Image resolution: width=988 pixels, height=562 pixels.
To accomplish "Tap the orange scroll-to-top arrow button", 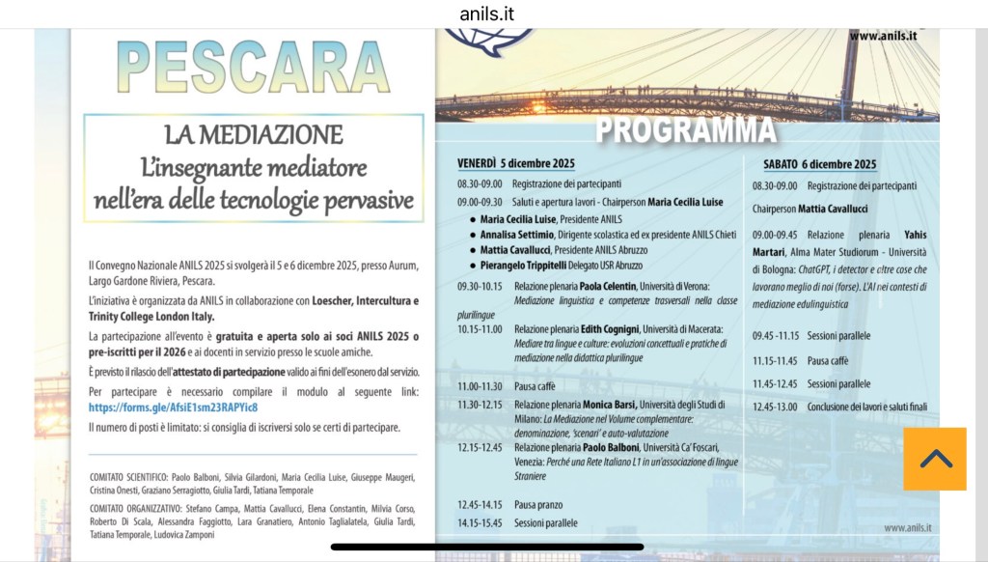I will click(935, 459).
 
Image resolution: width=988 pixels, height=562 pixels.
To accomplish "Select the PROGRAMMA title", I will click(685, 129).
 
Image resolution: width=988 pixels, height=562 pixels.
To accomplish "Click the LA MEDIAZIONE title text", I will click(253, 134).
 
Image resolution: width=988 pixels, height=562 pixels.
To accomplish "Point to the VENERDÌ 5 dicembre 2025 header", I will click(516, 163).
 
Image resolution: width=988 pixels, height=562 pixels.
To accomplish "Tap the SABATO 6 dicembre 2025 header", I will click(819, 163).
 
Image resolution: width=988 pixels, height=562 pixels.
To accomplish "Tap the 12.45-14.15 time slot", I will click(480, 504).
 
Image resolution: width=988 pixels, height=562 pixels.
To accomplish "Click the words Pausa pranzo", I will click(537, 504).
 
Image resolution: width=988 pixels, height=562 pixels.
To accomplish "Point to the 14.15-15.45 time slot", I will click(480, 523).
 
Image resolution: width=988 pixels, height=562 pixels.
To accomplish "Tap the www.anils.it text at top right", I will click(883, 37).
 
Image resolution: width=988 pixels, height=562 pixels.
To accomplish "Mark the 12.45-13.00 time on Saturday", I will click(776, 407).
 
